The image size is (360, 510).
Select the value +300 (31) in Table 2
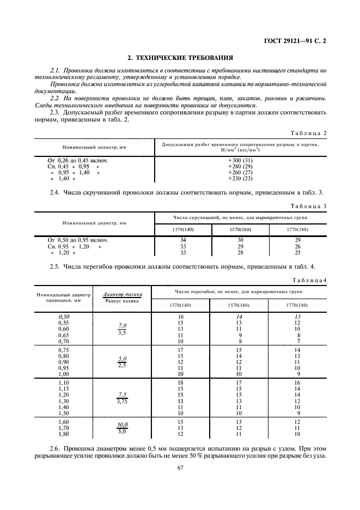[x=240, y=160]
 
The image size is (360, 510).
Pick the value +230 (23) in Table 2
[x=240, y=178]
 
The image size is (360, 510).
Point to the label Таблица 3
[x=309, y=207]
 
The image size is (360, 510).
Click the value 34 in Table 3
[x=183, y=240]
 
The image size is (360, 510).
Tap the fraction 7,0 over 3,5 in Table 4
[x=122, y=328]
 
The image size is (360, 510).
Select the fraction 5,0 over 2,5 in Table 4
[x=122, y=362]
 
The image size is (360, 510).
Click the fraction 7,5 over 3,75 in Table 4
[x=122, y=398]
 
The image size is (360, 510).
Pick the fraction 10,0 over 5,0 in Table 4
[x=122, y=428]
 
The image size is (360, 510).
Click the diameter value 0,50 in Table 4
[x=65, y=316]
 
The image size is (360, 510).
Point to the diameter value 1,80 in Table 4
[x=65, y=434]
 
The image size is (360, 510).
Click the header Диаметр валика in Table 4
[x=119, y=294]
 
